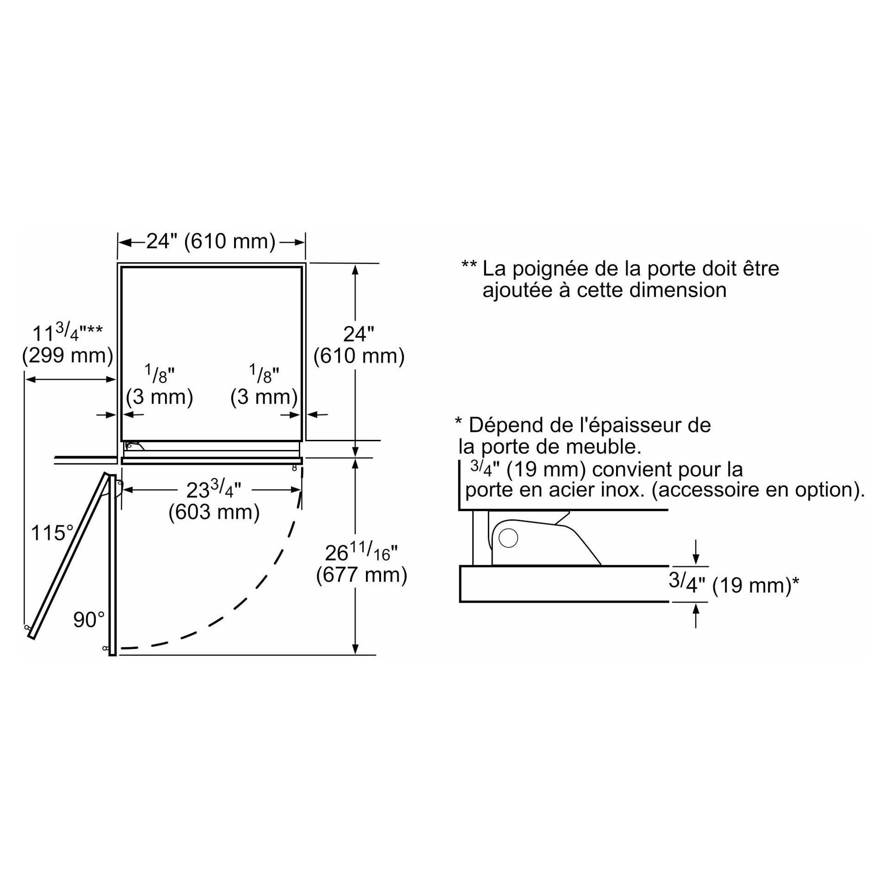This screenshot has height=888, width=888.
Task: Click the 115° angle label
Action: coord(52,533)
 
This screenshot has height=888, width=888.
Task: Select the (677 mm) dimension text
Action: coord(362,575)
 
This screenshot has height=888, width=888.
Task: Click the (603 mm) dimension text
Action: coord(214,512)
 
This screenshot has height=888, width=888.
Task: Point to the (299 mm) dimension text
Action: coord(68,356)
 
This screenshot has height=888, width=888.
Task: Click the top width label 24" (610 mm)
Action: coord(211,241)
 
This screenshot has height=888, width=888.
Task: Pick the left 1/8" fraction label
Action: coord(160,374)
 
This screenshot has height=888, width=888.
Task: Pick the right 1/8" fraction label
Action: coord(264,374)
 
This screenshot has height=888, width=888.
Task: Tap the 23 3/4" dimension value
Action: coord(214,489)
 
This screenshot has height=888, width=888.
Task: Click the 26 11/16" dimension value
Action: coord(361,552)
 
